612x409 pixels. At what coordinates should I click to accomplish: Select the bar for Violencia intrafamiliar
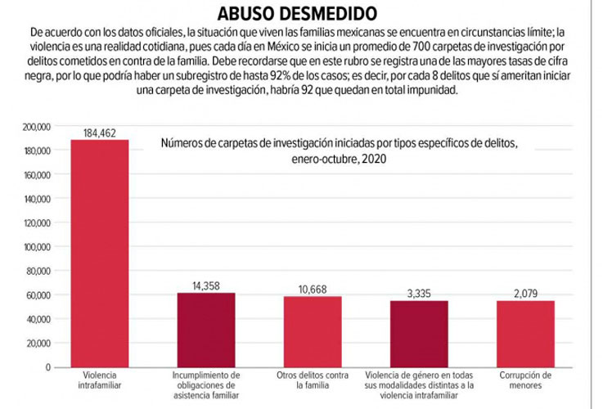coord(99,254)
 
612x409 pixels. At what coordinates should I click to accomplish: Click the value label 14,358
coord(205,285)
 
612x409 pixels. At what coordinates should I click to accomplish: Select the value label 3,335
coord(418,293)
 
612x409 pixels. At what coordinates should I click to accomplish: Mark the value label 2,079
coord(524,293)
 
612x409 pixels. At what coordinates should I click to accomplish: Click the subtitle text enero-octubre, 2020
coord(339,160)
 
